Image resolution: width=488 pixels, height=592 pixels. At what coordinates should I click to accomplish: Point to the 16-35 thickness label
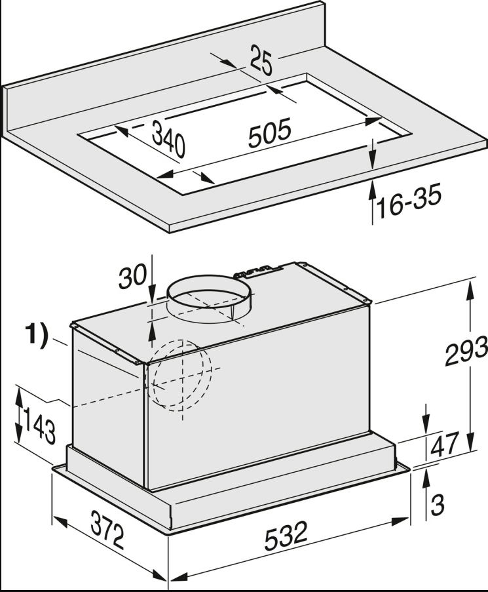(409, 205)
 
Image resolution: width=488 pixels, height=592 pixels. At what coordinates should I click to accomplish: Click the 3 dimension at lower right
(438, 505)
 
